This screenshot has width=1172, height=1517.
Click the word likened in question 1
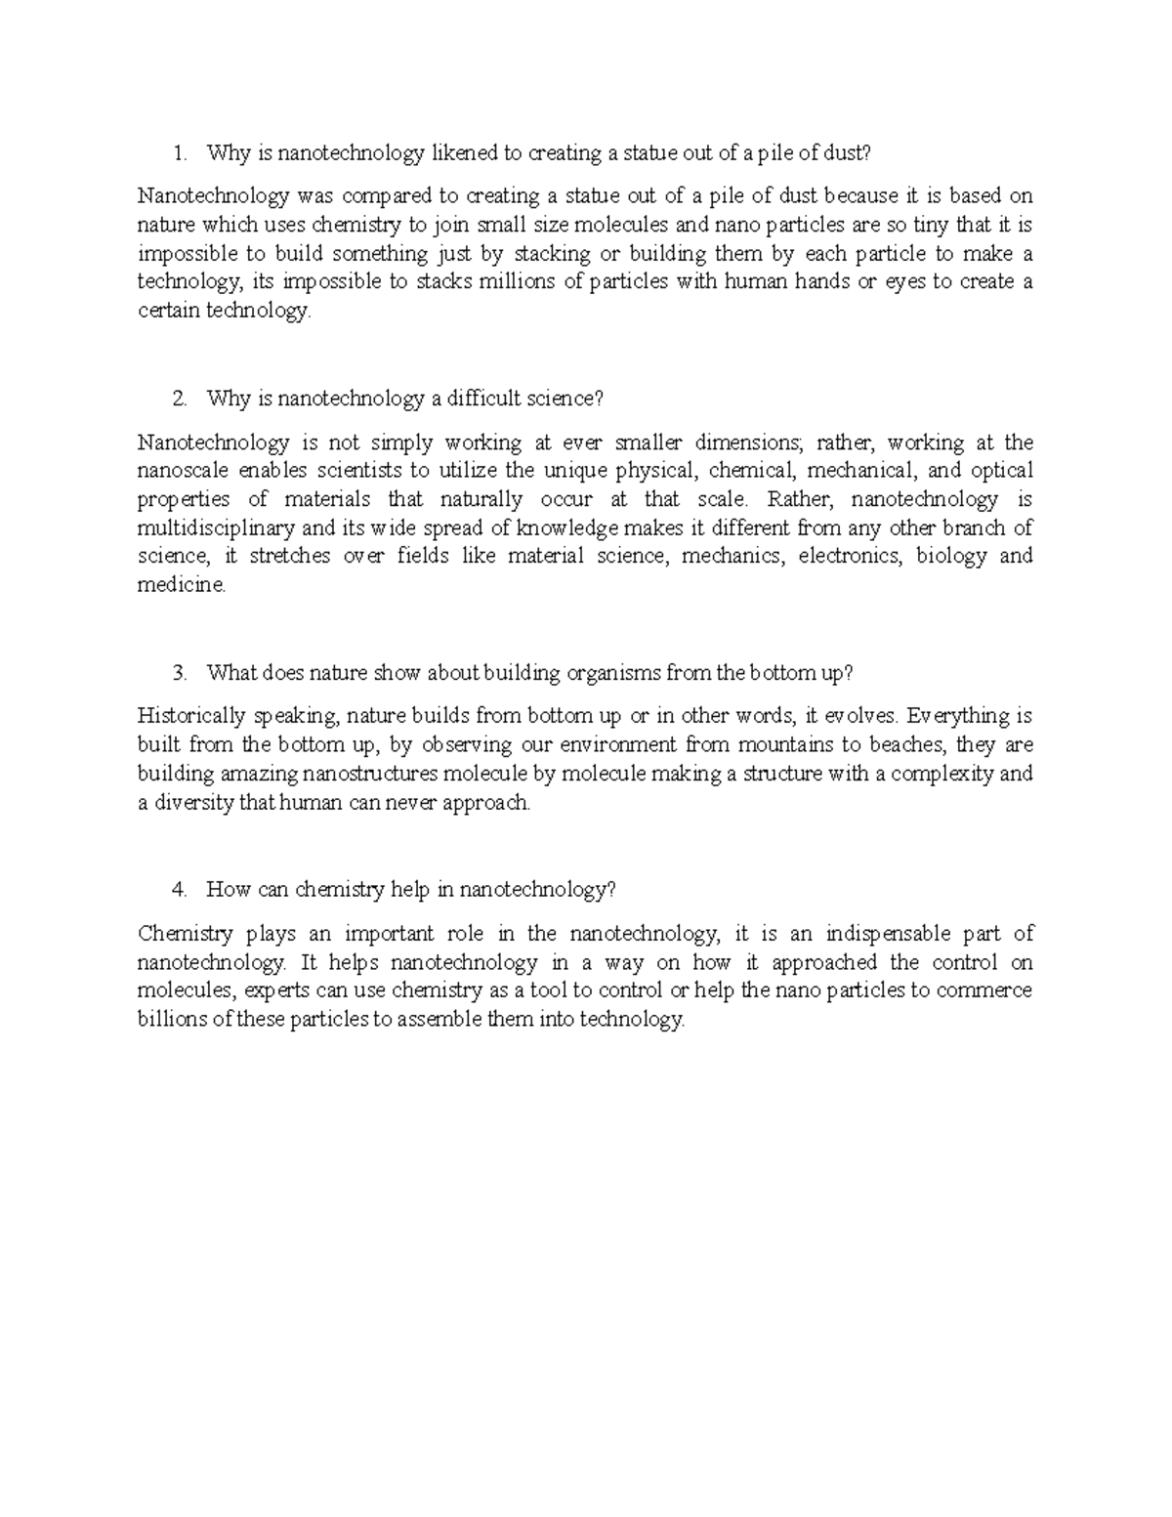[x=463, y=153]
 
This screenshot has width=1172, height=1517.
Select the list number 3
[x=178, y=673]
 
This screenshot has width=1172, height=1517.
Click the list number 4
[x=178, y=890]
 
